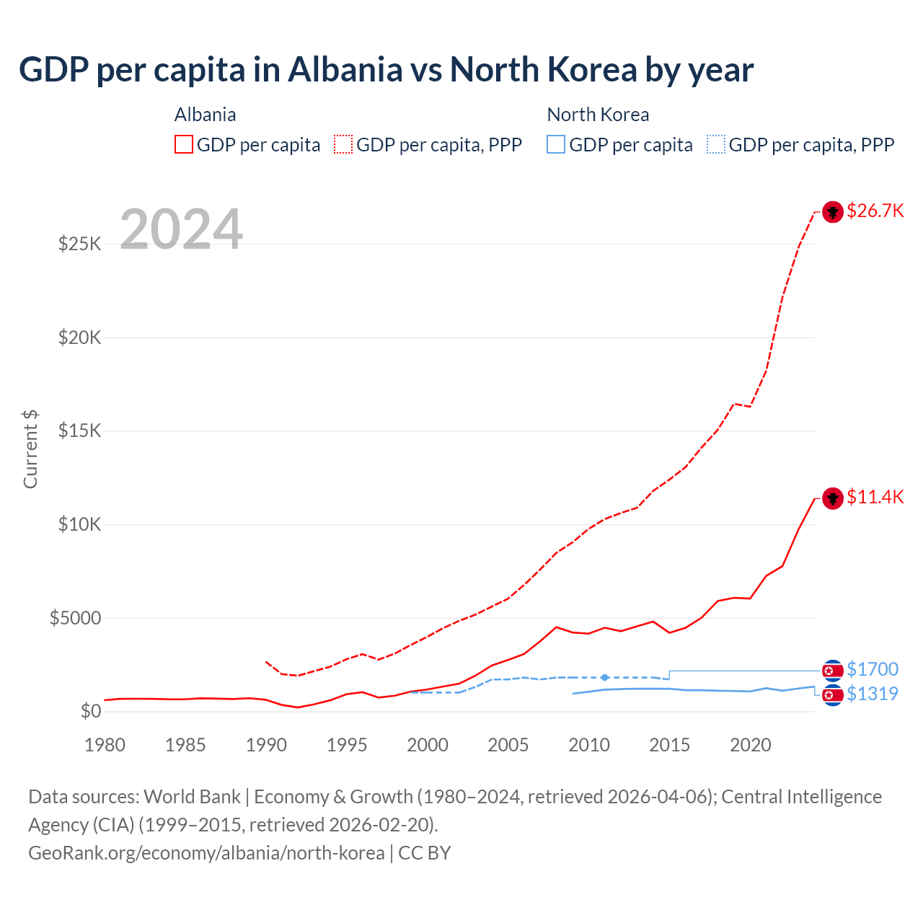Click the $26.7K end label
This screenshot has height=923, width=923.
click(x=875, y=211)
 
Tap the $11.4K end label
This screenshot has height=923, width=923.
click(x=875, y=497)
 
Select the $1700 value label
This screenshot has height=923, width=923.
click(x=872, y=669)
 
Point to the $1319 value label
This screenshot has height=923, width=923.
click(x=872, y=694)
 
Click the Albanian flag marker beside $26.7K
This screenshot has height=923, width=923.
click(x=833, y=212)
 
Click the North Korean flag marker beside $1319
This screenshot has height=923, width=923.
click(x=833, y=695)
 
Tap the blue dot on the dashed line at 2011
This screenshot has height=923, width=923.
click(x=604, y=677)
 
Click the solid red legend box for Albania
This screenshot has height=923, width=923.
click(x=184, y=144)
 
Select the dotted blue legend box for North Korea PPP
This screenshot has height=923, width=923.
click(x=716, y=144)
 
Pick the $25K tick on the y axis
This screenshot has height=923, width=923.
click(x=79, y=244)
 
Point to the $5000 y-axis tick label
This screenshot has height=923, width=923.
click(x=75, y=618)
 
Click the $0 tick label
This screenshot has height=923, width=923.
click(x=90, y=711)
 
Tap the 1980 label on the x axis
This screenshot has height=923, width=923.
click(x=105, y=745)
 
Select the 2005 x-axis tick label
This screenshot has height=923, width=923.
click(x=508, y=745)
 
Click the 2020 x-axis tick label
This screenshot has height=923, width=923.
click(x=751, y=745)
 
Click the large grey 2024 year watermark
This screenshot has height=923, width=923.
click(x=181, y=229)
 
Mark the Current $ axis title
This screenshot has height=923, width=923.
click(x=30, y=449)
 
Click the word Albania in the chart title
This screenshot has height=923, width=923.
click(x=345, y=70)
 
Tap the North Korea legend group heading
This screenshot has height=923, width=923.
click(x=598, y=115)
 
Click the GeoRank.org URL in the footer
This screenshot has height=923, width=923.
click(x=206, y=853)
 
